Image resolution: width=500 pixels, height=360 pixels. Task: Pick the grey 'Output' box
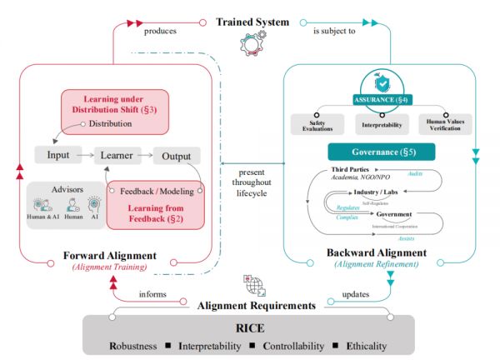pos(176,154)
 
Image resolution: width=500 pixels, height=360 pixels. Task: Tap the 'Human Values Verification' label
pos(444,124)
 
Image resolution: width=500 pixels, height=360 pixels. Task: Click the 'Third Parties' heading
pos(335,169)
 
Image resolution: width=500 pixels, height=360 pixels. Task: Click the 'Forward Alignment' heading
pos(109,256)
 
